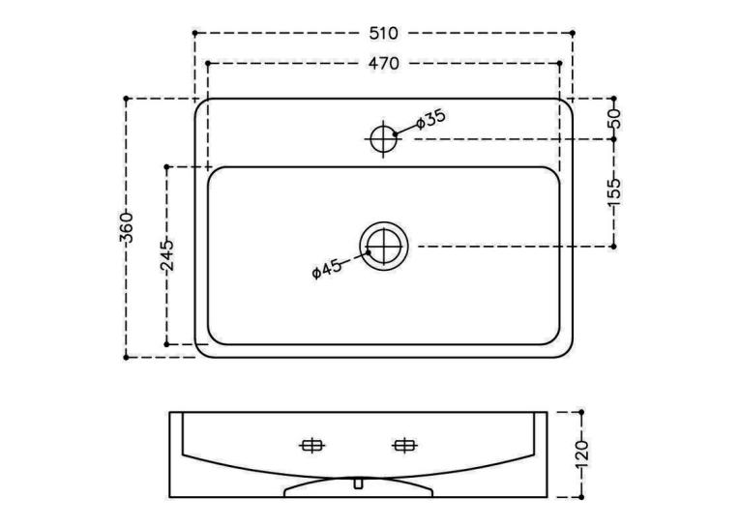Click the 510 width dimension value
pyautogui.click(x=384, y=33)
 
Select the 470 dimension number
pyautogui.click(x=384, y=63)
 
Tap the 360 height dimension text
pyautogui.click(x=126, y=228)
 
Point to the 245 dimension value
pyautogui.click(x=167, y=255)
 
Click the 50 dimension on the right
pyautogui.click(x=614, y=119)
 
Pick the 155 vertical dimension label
pyautogui.click(x=614, y=192)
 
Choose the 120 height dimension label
pyautogui.click(x=582, y=454)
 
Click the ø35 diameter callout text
pyautogui.click(x=430, y=119)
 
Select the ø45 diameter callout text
pyautogui.click(x=327, y=270)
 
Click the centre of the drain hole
pyautogui.click(x=384, y=247)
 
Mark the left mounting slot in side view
pyautogui.click(x=311, y=445)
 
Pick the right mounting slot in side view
pyautogui.click(x=404, y=445)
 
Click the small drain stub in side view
pyautogui.click(x=358, y=483)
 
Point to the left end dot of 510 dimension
pyautogui.click(x=194, y=33)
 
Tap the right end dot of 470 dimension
pyautogui.click(x=560, y=63)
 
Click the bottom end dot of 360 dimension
pyautogui.click(x=126, y=358)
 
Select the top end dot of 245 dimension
pyautogui.click(x=166, y=167)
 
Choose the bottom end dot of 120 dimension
pyautogui.click(x=582, y=497)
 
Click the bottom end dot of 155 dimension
pyautogui.click(x=614, y=247)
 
